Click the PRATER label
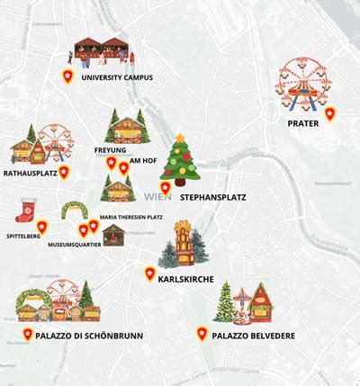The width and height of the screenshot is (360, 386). [x=303, y=123]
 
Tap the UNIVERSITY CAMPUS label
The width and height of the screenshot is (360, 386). [x=117, y=77]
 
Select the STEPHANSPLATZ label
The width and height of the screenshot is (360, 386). [x=212, y=196]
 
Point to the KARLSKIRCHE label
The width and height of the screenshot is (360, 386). [x=185, y=280]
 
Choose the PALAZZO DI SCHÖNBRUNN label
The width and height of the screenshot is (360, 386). [x=89, y=336]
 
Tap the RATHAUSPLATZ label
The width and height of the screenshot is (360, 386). [x=31, y=171]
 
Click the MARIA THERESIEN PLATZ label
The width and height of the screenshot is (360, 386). [x=130, y=217]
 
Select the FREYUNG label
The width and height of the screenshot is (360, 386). [x=109, y=149]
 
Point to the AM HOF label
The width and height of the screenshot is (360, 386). [x=144, y=161]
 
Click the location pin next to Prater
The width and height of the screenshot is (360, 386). [x=330, y=113]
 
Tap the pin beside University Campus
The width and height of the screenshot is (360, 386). [x=67, y=76]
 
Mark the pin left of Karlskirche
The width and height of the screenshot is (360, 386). [x=149, y=274]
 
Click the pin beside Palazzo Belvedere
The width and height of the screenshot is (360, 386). [x=202, y=334]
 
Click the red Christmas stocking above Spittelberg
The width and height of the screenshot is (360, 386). [x=25, y=210]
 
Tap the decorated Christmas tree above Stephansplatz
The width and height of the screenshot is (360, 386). [x=180, y=159]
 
